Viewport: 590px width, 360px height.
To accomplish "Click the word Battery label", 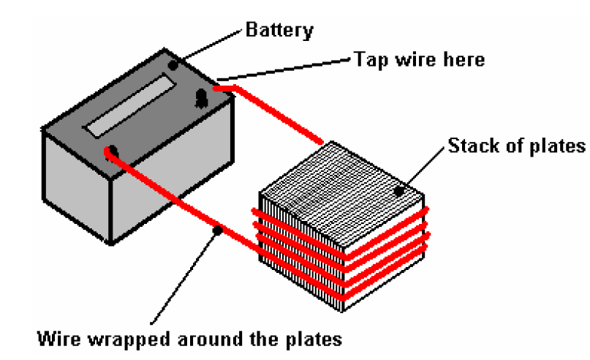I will tap(279, 30).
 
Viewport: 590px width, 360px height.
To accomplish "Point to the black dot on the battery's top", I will tap(173, 65).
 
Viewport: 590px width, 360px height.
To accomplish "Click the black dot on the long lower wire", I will tap(217, 230).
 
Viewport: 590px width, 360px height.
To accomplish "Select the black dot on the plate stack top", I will tap(399, 192).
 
